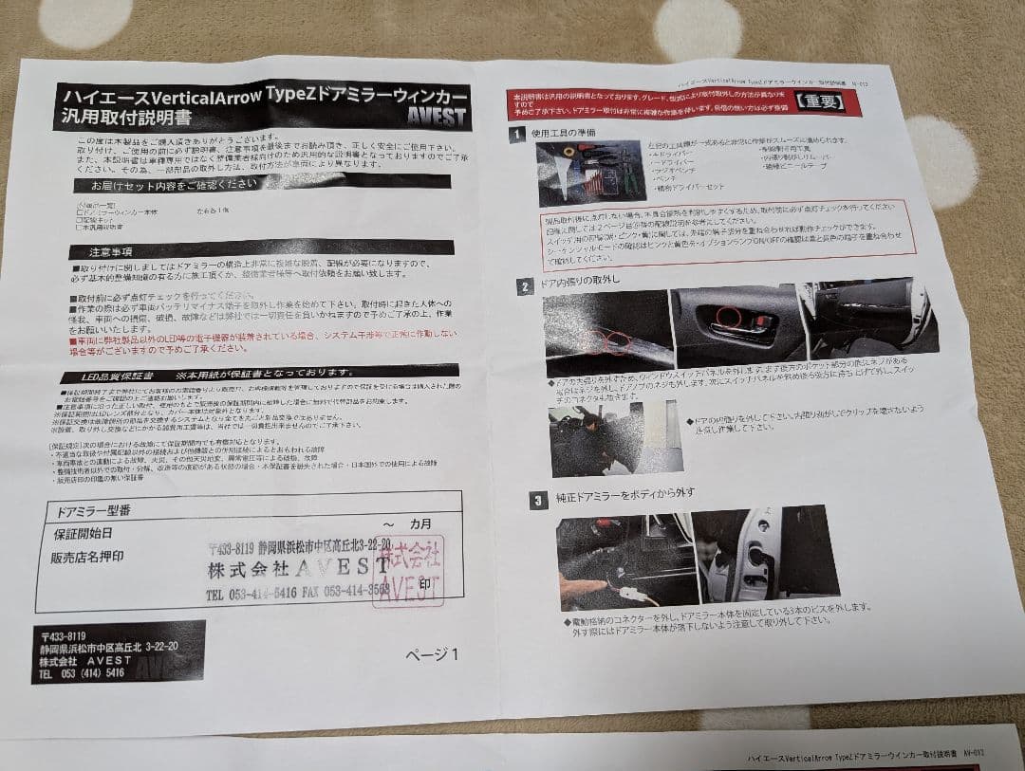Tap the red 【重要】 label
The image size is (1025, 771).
coord(818,101)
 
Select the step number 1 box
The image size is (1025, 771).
coord(515,135)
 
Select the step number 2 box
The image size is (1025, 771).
coord(524,285)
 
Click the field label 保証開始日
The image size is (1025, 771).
coord(84,534)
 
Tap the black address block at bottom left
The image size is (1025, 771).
coord(118,652)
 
